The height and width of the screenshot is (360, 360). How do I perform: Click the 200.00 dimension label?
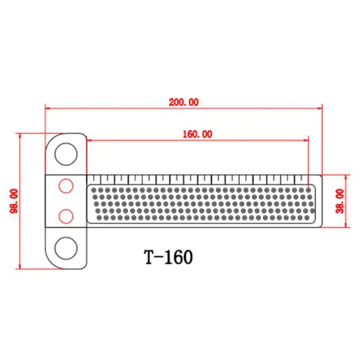click(184, 102)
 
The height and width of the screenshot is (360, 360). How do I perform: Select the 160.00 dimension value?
click(198, 134)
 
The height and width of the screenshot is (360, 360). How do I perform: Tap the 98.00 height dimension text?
click(14, 201)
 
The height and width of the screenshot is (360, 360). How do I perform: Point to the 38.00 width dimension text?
click(340, 201)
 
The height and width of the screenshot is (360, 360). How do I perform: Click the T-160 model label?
click(168, 257)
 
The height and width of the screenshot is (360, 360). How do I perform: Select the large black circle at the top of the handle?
click(66, 154)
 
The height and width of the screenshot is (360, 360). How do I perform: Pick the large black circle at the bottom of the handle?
click(66, 248)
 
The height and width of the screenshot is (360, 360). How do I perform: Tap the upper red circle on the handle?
click(66, 186)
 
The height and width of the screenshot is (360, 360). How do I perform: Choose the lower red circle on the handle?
click(66, 216)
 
